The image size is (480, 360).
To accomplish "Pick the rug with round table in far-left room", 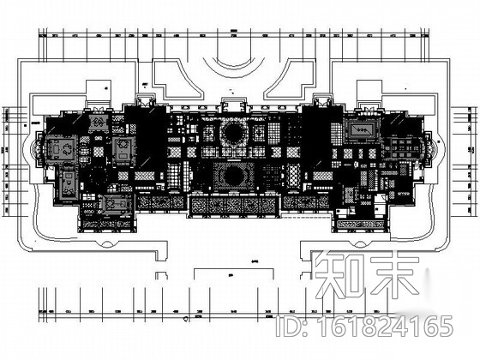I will (60, 148).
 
